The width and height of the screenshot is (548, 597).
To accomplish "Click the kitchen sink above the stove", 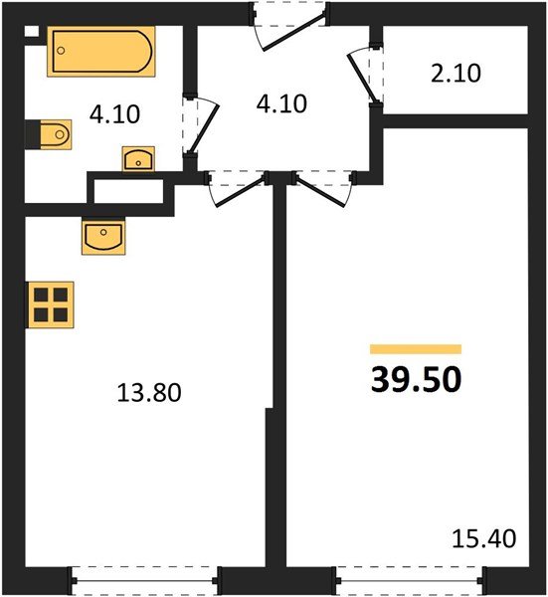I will [x=103, y=236].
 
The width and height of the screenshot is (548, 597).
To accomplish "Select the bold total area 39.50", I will [x=416, y=379].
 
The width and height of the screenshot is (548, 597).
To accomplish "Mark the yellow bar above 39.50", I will [x=416, y=349].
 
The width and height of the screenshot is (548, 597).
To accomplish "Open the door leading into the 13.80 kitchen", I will [x=237, y=188].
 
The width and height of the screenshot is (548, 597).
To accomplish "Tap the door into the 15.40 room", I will [x=323, y=188].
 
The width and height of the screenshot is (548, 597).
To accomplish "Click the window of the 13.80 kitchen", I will [x=144, y=578].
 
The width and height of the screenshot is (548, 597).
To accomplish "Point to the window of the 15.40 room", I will [x=409, y=578].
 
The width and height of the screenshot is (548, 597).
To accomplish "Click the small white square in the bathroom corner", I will [x=32, y=32].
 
